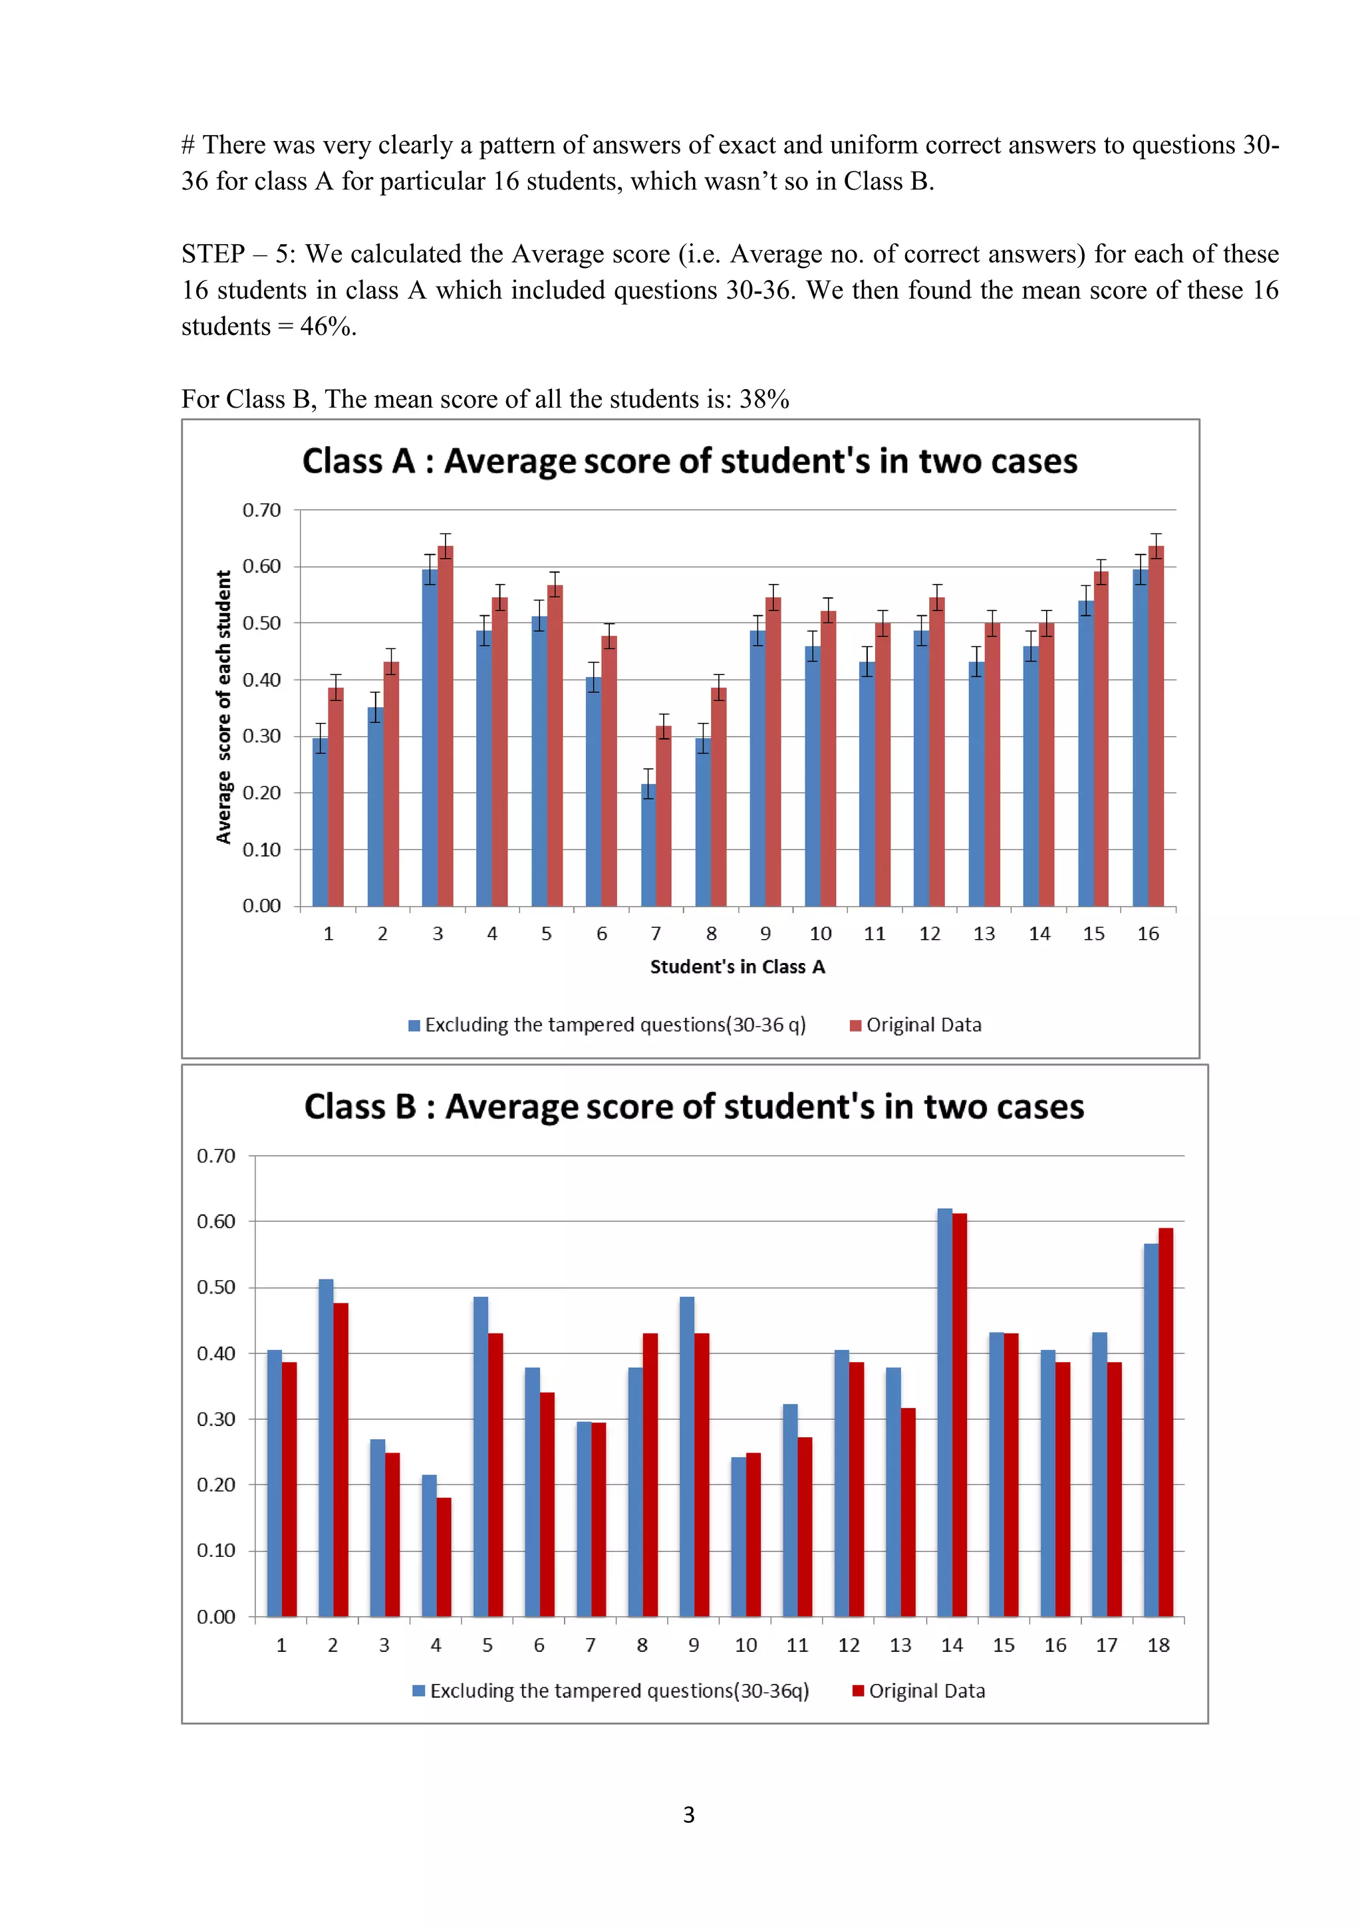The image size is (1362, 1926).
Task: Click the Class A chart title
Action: [690, 462]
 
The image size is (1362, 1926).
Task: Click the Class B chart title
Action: [694, 1107]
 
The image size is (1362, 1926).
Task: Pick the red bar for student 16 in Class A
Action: [1156, 726]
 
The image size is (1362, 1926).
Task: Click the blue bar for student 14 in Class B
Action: [944, 1413]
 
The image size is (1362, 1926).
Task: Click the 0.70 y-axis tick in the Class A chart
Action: [261, 510]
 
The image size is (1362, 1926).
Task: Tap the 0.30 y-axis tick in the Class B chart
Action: [215, 1419]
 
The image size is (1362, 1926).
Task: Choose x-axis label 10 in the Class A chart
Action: [820, 934]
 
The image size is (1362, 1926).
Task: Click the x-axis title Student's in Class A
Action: [737, 967]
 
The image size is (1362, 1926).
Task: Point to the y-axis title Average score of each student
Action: [223, 707]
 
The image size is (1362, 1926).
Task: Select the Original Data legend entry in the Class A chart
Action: [916, 1025]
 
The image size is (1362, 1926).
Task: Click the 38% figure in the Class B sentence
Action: [764, 399]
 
